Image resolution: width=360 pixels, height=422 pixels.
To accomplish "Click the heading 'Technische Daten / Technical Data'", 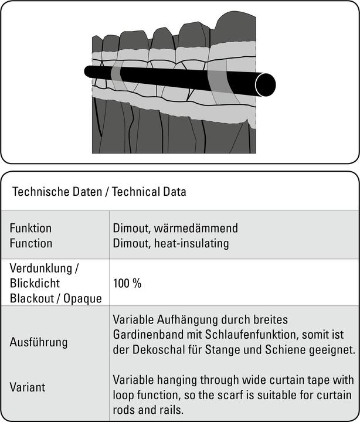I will point(99,192).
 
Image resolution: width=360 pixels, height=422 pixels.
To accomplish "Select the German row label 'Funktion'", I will point(31,228).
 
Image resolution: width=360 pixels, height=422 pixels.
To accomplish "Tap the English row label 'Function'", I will point(31,243).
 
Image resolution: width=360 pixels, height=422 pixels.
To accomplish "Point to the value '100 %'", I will point(128,283).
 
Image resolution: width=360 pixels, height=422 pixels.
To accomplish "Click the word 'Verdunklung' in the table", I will point(45,268).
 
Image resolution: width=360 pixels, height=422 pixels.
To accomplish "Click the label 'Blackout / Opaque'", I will point(56,298).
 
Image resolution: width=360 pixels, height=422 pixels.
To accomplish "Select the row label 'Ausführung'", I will point(39,342).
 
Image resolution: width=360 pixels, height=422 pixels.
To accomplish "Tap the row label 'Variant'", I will point(27,387).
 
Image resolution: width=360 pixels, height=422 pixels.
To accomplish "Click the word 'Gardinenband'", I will point(147,335).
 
